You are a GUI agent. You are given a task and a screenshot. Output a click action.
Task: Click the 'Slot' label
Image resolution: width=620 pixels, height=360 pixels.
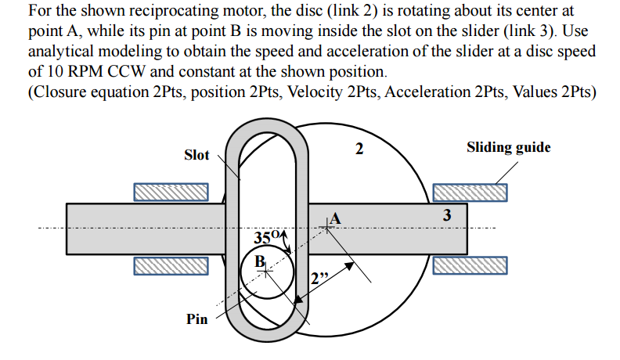point(196,155)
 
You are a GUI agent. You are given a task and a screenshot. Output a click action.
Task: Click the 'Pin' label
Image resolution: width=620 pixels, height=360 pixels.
point(196,319)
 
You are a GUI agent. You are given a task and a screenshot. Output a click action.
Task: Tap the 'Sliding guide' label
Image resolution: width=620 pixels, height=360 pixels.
point(508,147)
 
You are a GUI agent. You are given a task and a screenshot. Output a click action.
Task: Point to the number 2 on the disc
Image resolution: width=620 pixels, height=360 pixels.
point(359,149)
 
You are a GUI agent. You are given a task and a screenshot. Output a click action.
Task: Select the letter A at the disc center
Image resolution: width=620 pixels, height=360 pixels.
point(336,217)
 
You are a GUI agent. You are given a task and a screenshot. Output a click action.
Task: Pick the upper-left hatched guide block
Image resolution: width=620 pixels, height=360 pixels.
point(171,192)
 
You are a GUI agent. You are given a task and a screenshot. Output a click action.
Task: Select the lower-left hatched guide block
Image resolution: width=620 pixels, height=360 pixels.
point(171,266)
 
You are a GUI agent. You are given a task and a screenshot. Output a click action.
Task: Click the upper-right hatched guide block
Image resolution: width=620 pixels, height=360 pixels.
point(469,192)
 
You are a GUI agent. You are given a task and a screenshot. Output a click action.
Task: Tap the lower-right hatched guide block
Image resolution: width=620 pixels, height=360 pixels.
point(469,266)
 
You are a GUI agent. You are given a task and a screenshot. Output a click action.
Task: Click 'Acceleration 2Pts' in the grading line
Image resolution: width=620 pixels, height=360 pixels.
point(446,91)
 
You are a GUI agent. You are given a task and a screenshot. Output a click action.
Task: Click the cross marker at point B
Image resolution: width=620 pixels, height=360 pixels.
point(267,271)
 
